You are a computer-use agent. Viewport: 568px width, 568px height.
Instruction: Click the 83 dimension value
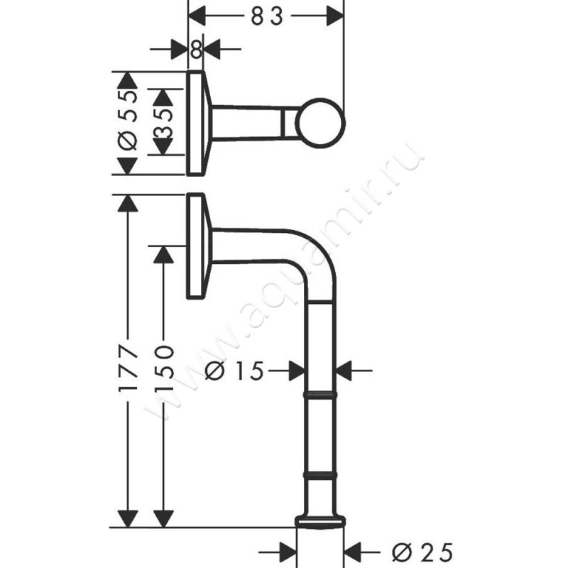pyautogui.click(x=267, y=16)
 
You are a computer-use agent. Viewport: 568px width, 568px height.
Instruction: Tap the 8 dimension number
pyautogui.click(x=196, y=49)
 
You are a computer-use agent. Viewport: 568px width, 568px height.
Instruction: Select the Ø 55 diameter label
pyautogui.click(x=129, y=120)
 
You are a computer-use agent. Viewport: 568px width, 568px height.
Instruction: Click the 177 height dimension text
pyautogui.click(x=128, y=368)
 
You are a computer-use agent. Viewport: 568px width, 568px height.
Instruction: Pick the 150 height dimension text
pyautogui.click(x=164, y=368)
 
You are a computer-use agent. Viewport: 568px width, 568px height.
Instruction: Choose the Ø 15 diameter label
pyautogui.click(x=234, y=371)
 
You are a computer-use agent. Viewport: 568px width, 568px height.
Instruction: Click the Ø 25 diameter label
pyautogui.click(x=422, y=553)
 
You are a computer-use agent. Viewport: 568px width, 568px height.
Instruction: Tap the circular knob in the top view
pyautogui.click(x=320, y=123)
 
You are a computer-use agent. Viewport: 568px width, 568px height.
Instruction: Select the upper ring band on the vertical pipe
pyautogui.click(x=320, y=395)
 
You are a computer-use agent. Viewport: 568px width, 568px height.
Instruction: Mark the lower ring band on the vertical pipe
pyautogui.click(x=320, y=475)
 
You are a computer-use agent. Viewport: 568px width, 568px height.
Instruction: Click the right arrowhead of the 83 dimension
pyautogui.click(x=334, y=16)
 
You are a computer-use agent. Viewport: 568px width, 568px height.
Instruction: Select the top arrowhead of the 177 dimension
pyautogui.click(x=128, y=204)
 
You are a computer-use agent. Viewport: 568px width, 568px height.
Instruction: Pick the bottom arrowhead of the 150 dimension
pyautogui.click(x=164, y=518)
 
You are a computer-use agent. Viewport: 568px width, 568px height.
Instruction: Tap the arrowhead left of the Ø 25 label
pyautogui.click(x=288, y=553)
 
